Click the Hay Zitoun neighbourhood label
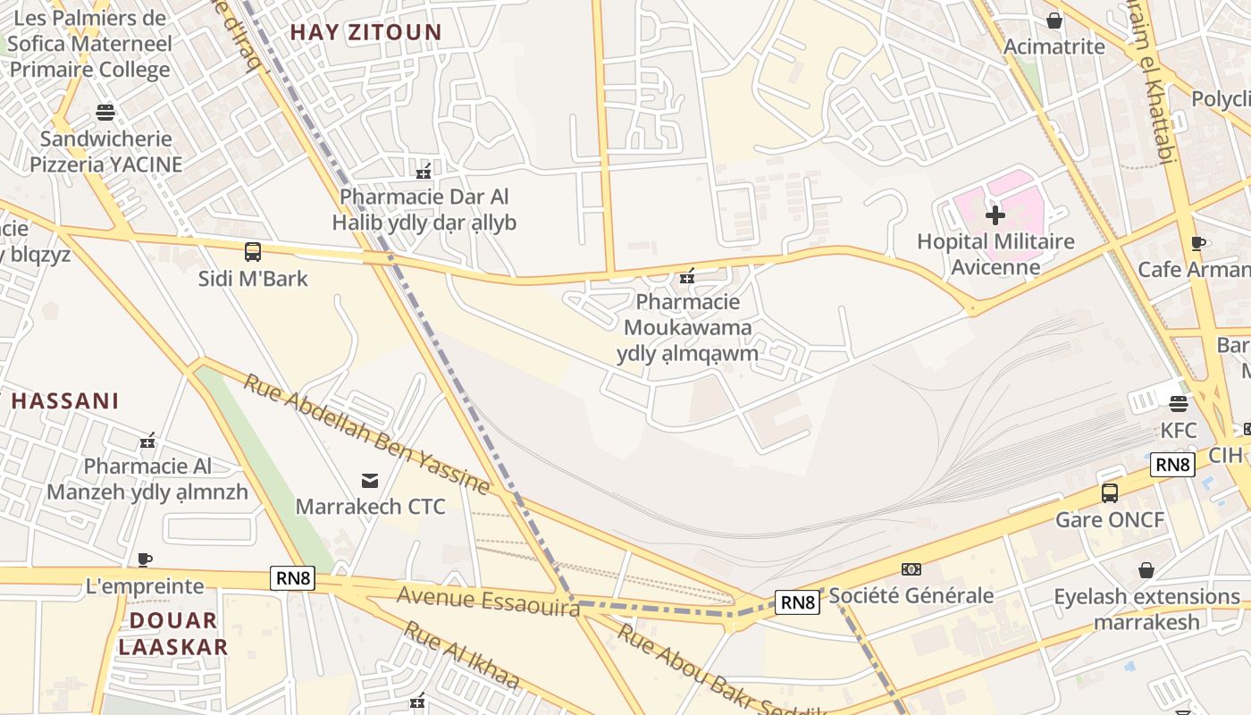click(x=365, y=32)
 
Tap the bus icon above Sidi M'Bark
click(x=253, y=252)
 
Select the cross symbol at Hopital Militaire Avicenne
click(x=995, y=214)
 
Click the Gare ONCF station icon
click(x=1110, y=492)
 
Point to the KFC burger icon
click(x=1178, y=403)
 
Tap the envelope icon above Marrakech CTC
click(x=369, y=481)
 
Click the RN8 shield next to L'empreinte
click(x=293, y=578)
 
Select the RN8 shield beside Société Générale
click(x=797, y=602)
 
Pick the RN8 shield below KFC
click(x=1172, y=465)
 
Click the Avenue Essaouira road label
click(x=488, y=601)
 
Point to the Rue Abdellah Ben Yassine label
click(x=367, y=434)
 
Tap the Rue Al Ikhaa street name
click(x=461, y=656)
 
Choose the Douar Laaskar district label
click(x=173, y=633)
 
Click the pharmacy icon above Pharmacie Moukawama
click(x=687, y=276)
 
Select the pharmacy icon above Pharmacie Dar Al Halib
click(x=424, y=170)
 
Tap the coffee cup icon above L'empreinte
click(x=145, y=560)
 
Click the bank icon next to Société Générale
click(x=911, y=569)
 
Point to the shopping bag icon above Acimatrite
click(x=1054, y=21)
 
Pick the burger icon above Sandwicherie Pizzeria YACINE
click(x=105, y=113)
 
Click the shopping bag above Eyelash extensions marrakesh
click(x=1146, y=570)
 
